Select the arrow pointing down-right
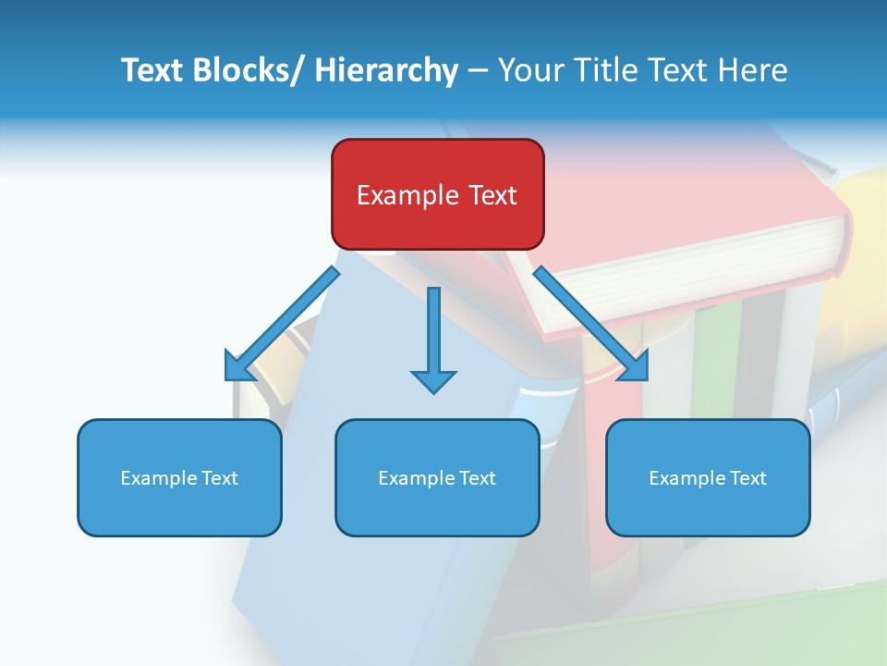click(591, 324)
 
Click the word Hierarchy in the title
click(386, 70)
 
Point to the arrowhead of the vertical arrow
click(433, 381)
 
